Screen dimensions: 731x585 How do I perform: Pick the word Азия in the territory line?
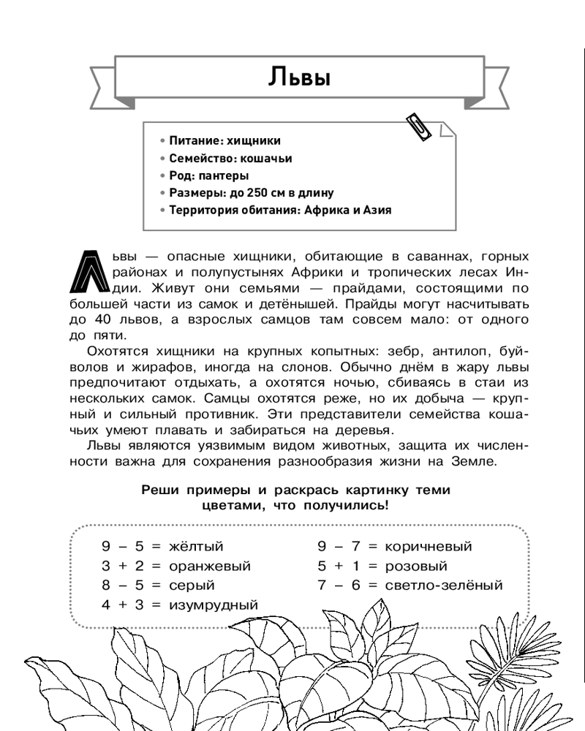(376, 211)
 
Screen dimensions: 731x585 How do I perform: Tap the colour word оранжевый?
(209, 566)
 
